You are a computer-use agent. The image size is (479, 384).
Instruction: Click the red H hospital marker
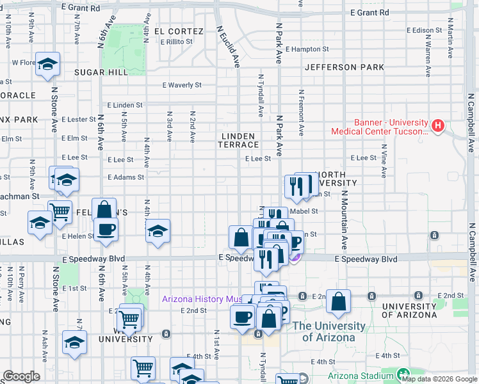(438, 125)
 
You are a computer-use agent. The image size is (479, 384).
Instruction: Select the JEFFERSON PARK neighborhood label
(345, 67)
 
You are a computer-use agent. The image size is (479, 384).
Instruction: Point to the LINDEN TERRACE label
(239, 140)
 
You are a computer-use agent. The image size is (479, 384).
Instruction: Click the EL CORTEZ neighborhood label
(179, 31)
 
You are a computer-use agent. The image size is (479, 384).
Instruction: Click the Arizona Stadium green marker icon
(403, 374)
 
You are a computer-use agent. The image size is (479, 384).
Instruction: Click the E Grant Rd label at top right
(369, 12)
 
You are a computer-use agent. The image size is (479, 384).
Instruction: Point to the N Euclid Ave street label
(227, 47)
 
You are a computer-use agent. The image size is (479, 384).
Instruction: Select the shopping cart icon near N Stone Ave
(60, 211)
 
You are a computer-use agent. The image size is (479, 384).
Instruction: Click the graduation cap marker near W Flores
(48, 64)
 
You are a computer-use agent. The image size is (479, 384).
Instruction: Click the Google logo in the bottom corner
(22, 376)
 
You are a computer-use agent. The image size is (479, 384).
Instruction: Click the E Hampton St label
(307, 49)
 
